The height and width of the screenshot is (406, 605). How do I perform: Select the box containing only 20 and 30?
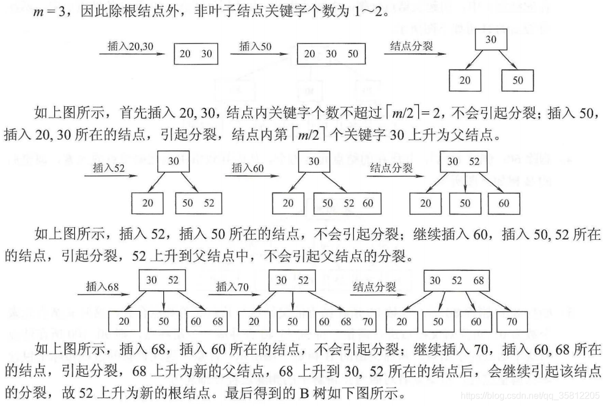click(196, 54)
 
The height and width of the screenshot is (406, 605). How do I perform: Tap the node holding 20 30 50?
click(331, 54)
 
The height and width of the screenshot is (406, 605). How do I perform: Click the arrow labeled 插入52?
click(107, 176)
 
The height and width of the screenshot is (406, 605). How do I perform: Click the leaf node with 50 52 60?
click(348, 203)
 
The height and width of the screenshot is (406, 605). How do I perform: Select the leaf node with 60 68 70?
click(346, 321)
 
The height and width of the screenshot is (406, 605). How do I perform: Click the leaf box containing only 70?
click(512, 321)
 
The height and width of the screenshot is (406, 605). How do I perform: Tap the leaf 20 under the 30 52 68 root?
click(402, 321)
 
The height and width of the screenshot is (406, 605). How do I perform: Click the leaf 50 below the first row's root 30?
click(517, 80)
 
